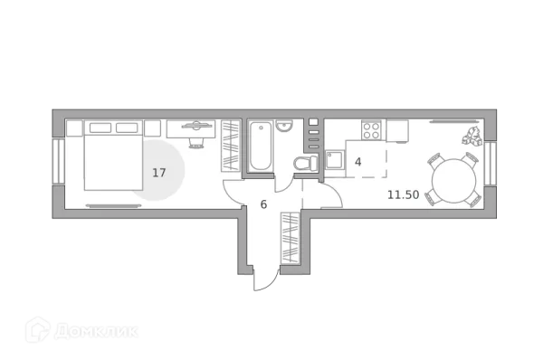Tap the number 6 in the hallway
(x=263, y=204)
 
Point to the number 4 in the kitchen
(x=357, y=162)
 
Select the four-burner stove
(x=371, y=131)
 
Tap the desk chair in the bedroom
(x=195, y=138)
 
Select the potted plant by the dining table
(x=472, y=137)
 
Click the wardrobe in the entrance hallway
(x=291, y=238)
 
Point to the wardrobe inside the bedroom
(x=230, y=146)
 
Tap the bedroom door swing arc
(x=233, y=192)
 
